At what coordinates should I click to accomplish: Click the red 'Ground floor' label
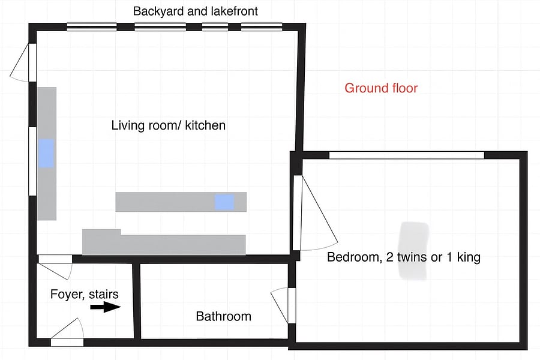[381, 88]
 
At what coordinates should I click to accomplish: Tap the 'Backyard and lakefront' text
[195, 11]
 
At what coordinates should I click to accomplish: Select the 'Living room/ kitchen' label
[169, 125]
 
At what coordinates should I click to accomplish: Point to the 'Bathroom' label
[224, 316]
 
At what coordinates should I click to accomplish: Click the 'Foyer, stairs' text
[85, 294]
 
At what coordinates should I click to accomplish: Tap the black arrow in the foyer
[106, 307]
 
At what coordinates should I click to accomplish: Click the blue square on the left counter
[46, 154]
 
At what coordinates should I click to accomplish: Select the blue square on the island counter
[224, 202]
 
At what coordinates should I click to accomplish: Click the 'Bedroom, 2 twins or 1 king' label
[404, 257]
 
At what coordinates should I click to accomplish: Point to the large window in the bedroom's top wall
[407, 155]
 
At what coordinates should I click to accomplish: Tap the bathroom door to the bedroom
[283, 305]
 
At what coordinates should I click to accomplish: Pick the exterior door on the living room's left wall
[23, 62]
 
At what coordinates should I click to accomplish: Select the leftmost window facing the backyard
[92, 27]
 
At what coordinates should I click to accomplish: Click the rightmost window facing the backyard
[262, 27]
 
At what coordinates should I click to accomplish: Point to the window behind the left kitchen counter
[32, 161]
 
